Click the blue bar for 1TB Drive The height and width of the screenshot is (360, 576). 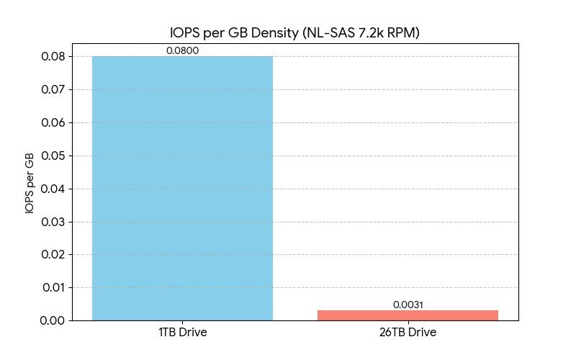(182, 188)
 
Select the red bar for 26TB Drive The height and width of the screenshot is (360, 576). (408, 315)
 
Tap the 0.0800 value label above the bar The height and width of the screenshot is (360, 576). (182, 51)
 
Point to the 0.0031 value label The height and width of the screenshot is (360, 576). (408, 305)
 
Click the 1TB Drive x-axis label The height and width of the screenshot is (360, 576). (182, 333)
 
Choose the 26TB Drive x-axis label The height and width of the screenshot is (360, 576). (408, 333)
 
